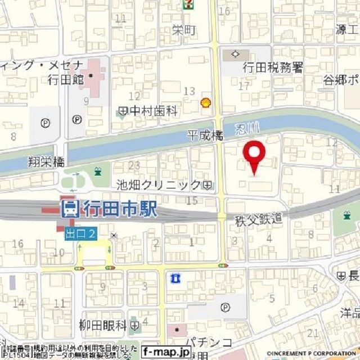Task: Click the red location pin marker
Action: click(255, 157)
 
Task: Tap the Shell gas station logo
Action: click(206, 102)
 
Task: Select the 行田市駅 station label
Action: click(119, 210)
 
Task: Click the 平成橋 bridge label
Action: click(205, 135)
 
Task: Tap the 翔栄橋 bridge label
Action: click(46, 163)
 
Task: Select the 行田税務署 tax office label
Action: click(273, 68)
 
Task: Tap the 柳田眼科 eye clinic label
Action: click(102, 326)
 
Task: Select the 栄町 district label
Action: click(184, 30)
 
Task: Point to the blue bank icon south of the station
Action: click(175, 277)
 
